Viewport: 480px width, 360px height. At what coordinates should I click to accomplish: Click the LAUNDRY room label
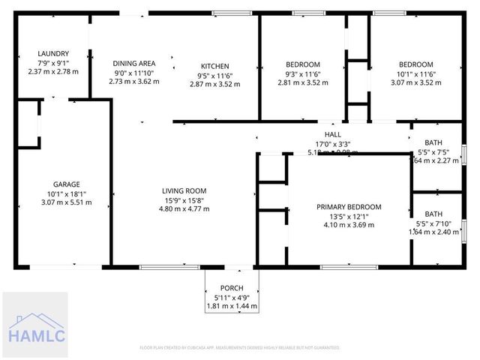point(53,54)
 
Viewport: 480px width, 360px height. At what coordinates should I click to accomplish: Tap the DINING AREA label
point(133,63)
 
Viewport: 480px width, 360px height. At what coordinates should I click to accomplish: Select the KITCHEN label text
point(214,66)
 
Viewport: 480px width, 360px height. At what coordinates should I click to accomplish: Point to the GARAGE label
point(66,184)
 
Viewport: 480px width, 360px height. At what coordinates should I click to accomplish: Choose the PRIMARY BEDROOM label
point(349,207)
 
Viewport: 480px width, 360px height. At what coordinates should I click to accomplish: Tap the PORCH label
point(231,289)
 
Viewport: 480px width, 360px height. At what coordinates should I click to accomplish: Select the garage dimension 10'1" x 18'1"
point(66,193)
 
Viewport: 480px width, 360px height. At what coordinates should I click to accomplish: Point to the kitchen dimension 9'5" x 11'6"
point(214,75)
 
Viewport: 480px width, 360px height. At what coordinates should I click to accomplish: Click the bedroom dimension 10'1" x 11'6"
point(415,73)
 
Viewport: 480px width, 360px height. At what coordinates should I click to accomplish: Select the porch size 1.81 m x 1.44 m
point(231,306)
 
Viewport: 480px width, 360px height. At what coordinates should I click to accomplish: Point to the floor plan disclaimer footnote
point(240,348)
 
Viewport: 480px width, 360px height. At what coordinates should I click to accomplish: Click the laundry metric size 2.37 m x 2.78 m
point(53,72)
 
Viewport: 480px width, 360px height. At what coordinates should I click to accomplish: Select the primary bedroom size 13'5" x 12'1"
point(349,216)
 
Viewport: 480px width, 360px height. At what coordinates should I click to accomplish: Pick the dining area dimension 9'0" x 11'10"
point(133,72)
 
